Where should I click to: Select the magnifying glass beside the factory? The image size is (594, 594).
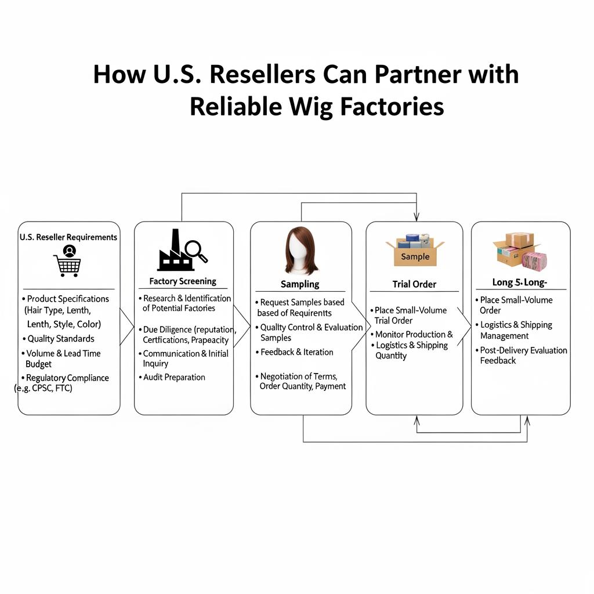click(196, 251)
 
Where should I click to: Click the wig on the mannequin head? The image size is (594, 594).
click(300, 251)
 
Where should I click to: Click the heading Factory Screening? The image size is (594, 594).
click(182, 281)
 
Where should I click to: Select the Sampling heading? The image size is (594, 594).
click(300, 284)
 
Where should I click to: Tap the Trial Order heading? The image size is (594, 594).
click(414, 284)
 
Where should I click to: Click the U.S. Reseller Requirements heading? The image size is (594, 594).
click(68, 237)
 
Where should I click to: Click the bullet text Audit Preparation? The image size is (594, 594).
click(174, 377)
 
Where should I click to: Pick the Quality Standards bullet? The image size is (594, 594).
click(61, 339)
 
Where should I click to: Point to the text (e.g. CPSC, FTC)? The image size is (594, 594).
click(44, 389)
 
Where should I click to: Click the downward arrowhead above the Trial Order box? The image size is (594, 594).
click(416, 217)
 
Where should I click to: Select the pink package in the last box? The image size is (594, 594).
click(533, 259)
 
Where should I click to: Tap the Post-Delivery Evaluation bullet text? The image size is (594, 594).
click(523, 350)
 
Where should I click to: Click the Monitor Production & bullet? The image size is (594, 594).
click(414, 334)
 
